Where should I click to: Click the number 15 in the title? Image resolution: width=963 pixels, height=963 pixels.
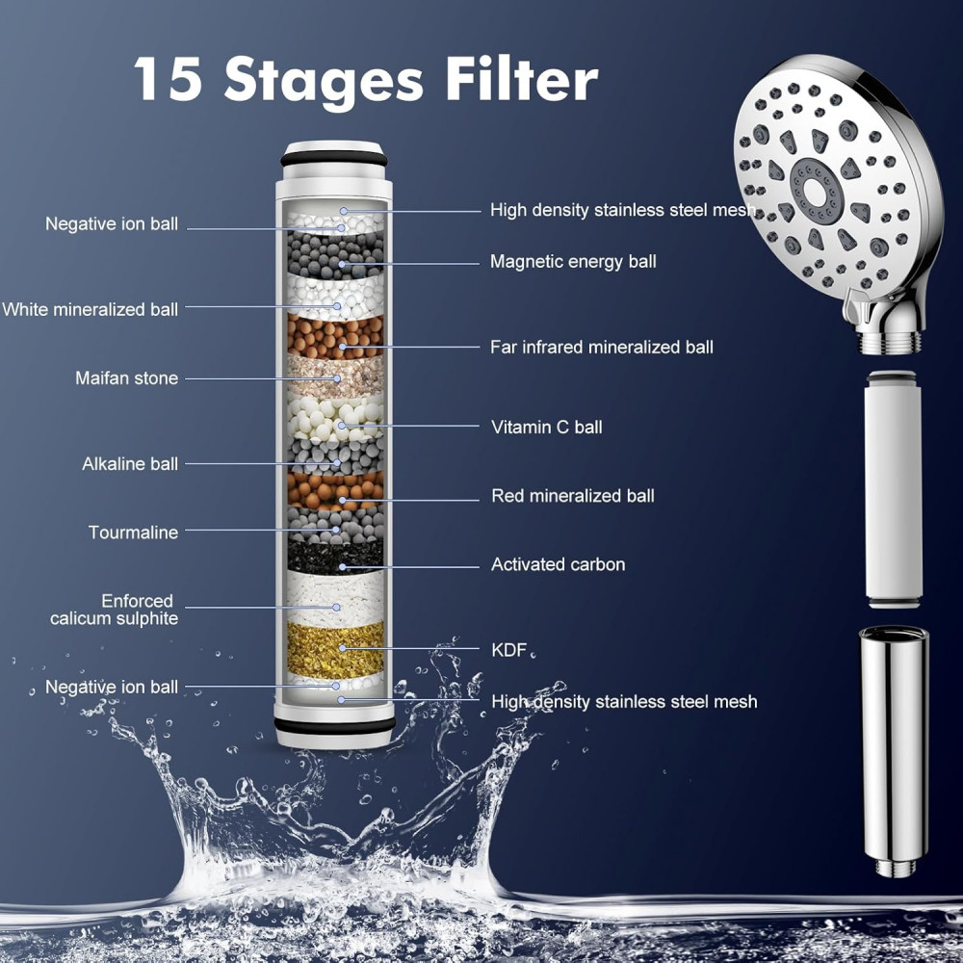click(x=168, y=79)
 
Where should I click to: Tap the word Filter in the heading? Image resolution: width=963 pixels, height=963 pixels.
click(x=521, y=79)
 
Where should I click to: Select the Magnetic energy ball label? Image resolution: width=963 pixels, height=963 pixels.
click(x=573, y=262)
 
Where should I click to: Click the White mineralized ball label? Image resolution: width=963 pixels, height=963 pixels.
click(x=90, y=309)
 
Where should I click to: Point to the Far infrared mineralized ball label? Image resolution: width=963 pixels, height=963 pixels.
click(x=601, y=347)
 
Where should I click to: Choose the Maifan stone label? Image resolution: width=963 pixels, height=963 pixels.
click(x=126, y=377)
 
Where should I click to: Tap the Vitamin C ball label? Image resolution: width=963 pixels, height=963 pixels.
click(x=547, y=427)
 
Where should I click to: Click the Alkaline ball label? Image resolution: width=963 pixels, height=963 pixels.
click(x=130, y=464)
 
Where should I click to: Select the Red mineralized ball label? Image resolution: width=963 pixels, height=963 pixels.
click(x=572, y=496)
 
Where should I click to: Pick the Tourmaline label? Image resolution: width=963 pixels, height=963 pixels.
click(x=133, y=532)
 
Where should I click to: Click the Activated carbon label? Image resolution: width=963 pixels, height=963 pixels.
click(x=558, y=564)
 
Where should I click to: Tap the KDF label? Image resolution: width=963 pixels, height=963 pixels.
click(x=509, y=650)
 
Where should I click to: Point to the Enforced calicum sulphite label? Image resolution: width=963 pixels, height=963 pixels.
click(x=115, y=610)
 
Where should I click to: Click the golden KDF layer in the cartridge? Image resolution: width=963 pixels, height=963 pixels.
click(x=335, y=650)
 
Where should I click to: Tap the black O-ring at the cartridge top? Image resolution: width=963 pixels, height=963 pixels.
click(x=334, y=159)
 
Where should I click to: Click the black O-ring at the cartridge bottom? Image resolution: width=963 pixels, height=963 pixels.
click(x=335, y=726)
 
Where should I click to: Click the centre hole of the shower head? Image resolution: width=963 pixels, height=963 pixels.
click(x=815, y=193)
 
